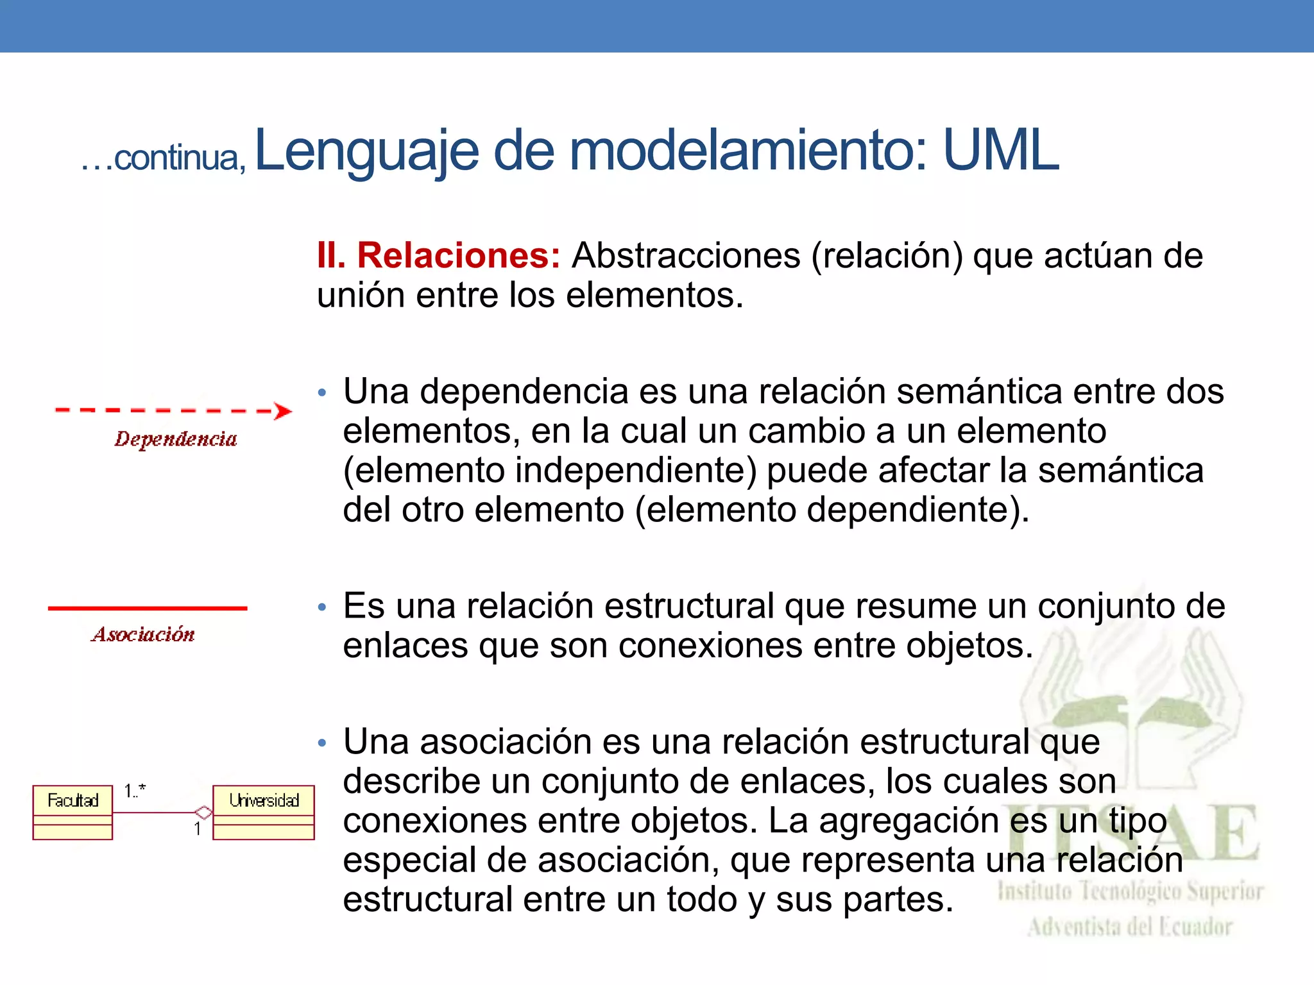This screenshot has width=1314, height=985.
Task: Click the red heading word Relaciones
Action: (x=458, y=256)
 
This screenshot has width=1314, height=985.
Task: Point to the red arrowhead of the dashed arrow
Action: (x=282, y=411)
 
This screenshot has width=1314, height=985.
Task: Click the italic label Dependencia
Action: (x=176, y=439)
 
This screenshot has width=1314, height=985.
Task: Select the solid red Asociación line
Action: (x=148, y=608)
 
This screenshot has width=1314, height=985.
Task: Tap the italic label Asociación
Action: (x=143, y=635)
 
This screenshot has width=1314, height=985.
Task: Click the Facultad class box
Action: (x=73, y=812)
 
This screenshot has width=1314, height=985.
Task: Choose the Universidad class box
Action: (x=264, y=812)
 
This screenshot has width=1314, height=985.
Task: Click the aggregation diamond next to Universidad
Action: (x=203, y=812)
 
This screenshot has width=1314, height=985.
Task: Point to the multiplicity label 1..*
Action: (x=135, y=791)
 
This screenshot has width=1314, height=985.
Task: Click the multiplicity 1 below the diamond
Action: (x=198, y=829)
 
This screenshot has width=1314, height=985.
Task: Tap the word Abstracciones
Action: (x=686, y=256)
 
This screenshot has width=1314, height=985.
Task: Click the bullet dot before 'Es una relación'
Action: (x=322, y=607)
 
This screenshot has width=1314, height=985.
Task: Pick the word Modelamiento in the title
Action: (x=748, y=151)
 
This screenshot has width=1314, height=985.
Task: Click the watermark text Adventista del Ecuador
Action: (x=1130, y=927)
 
